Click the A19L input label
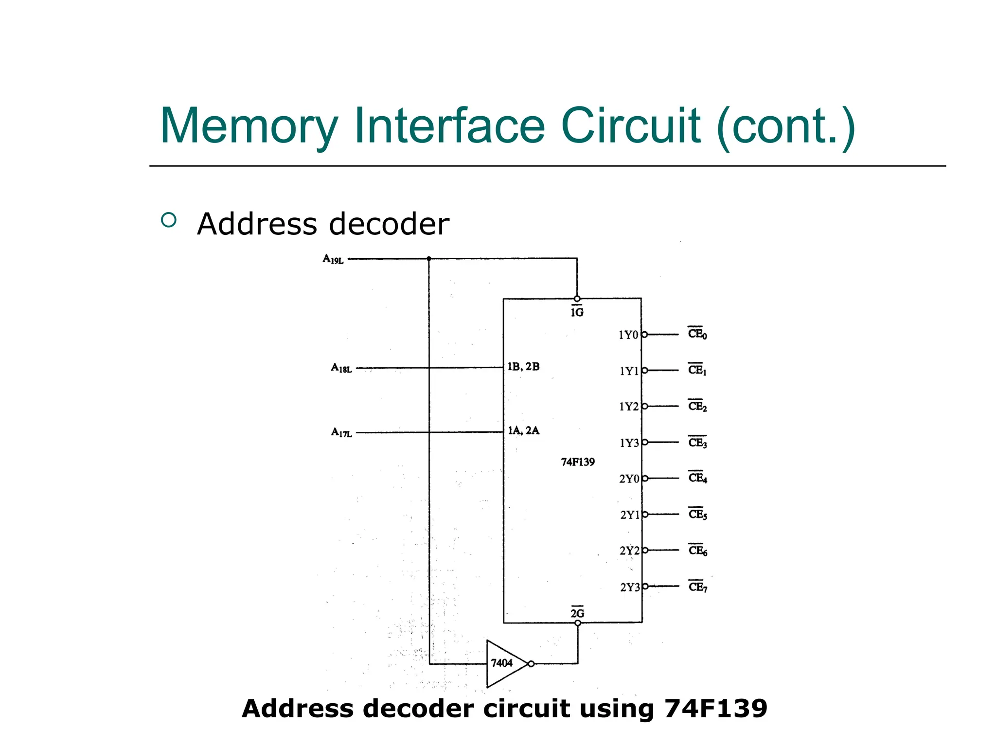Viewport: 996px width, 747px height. pos(333,259)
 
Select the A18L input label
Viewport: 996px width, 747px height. pos(341,368)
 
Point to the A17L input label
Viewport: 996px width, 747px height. pos(341,432)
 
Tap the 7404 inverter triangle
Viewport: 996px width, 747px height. pos(504,663)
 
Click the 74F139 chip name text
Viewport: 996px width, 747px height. pos(578,462)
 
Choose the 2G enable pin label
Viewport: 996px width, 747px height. pos(577,613)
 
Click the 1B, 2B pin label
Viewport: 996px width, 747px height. pos(523,367)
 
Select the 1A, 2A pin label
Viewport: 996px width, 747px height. pos(523,430)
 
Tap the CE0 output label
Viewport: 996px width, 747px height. pos(697,334)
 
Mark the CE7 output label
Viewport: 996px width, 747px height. pos(698,587)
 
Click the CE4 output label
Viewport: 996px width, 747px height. pos(698,478)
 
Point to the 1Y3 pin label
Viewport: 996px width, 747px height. pos(629,443)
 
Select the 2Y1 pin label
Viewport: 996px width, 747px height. pos(630,515)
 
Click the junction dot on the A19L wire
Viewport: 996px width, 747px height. pos(429,259)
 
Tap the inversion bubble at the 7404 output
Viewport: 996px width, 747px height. pos(531,664)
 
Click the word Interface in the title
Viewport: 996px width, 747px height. pos(449,126)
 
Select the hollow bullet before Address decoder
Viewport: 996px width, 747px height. pos(168,220)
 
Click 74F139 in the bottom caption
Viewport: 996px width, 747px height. pos(715,708)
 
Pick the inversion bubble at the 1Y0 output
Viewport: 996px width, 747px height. pos(644,335)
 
